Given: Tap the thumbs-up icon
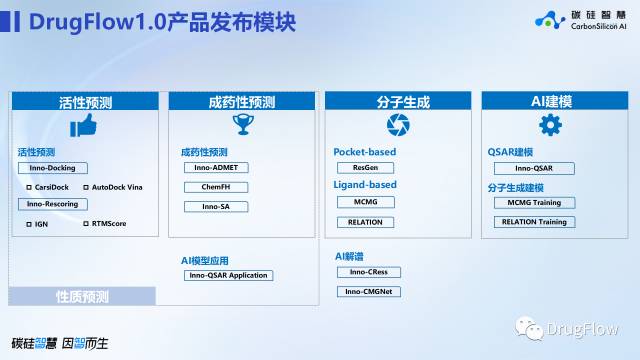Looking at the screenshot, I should click(x=83, y=125).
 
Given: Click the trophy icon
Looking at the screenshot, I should click(x=241, y=124).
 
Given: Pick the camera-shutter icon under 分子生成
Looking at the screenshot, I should click(x=398, y=124).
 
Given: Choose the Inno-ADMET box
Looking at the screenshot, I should click(x=214, y=168).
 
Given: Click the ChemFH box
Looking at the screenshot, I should click(x=214, y=187).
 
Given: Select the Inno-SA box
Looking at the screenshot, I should click(x=214, y=207).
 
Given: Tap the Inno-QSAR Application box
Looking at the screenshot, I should click(x=228, y=275).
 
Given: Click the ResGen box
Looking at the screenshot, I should click(x=365, y=168).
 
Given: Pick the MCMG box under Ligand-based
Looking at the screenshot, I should click(x=365, y=202).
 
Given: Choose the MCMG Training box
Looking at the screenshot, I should click(x=534, y=202).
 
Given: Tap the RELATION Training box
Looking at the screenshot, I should click(x=534, y=222).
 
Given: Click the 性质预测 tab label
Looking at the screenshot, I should click(x=82, y=296).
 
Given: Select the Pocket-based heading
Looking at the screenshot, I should click(x=365, y=152).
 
